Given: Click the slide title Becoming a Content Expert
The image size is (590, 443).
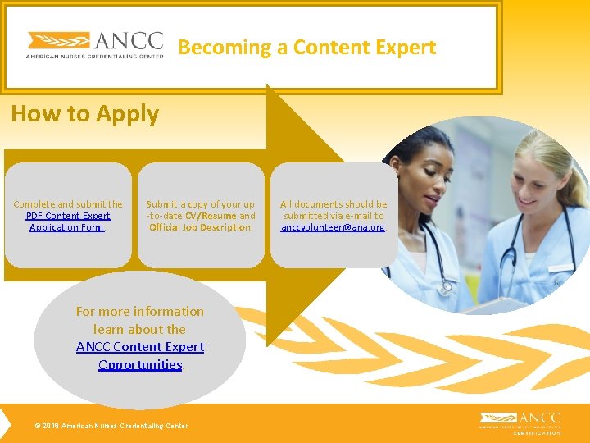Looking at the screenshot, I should point(306,48).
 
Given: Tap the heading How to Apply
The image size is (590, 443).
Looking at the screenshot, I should point(84,114).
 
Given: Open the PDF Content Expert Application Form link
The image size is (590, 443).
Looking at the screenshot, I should point(67,221).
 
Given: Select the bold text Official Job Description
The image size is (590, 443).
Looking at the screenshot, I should point(200,227).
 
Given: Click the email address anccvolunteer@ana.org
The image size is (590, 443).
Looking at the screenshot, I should point(333,227).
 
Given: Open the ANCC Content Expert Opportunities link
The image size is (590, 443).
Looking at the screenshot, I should point(140,356).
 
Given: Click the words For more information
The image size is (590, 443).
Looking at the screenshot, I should point(139,312).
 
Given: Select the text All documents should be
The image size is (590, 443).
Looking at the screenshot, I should point(334,204).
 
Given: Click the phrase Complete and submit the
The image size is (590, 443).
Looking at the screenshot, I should point(68,204).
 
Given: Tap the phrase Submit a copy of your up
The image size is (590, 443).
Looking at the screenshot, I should point(200,204).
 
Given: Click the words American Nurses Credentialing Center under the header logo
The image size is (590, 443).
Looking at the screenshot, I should point(94,57).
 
